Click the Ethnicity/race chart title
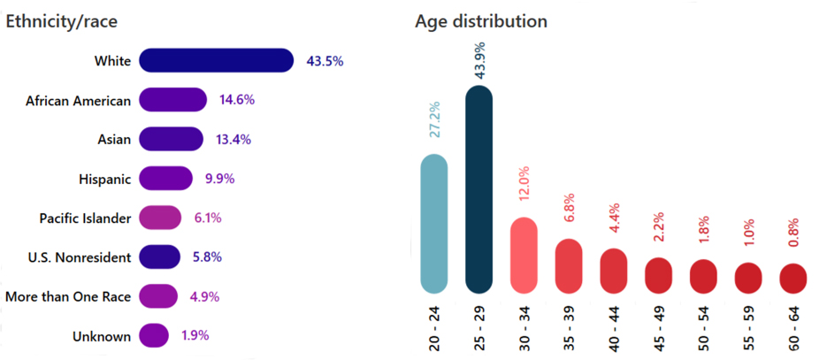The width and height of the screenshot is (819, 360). (62, 22)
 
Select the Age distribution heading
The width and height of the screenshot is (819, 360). (480, 21)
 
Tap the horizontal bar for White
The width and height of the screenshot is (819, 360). (216, 61)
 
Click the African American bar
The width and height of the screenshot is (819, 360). (172, 100)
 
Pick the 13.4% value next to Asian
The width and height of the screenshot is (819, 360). (234, 139)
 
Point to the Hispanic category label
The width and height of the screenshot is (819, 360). (104, 179)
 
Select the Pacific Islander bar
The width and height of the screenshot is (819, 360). (160, 218)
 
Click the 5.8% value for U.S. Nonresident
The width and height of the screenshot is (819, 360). (208, 257)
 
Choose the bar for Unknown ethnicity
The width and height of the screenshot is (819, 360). (154, 336)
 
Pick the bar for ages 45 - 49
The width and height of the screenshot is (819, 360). (659, 275)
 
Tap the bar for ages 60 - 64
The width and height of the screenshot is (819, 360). (792, 278)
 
